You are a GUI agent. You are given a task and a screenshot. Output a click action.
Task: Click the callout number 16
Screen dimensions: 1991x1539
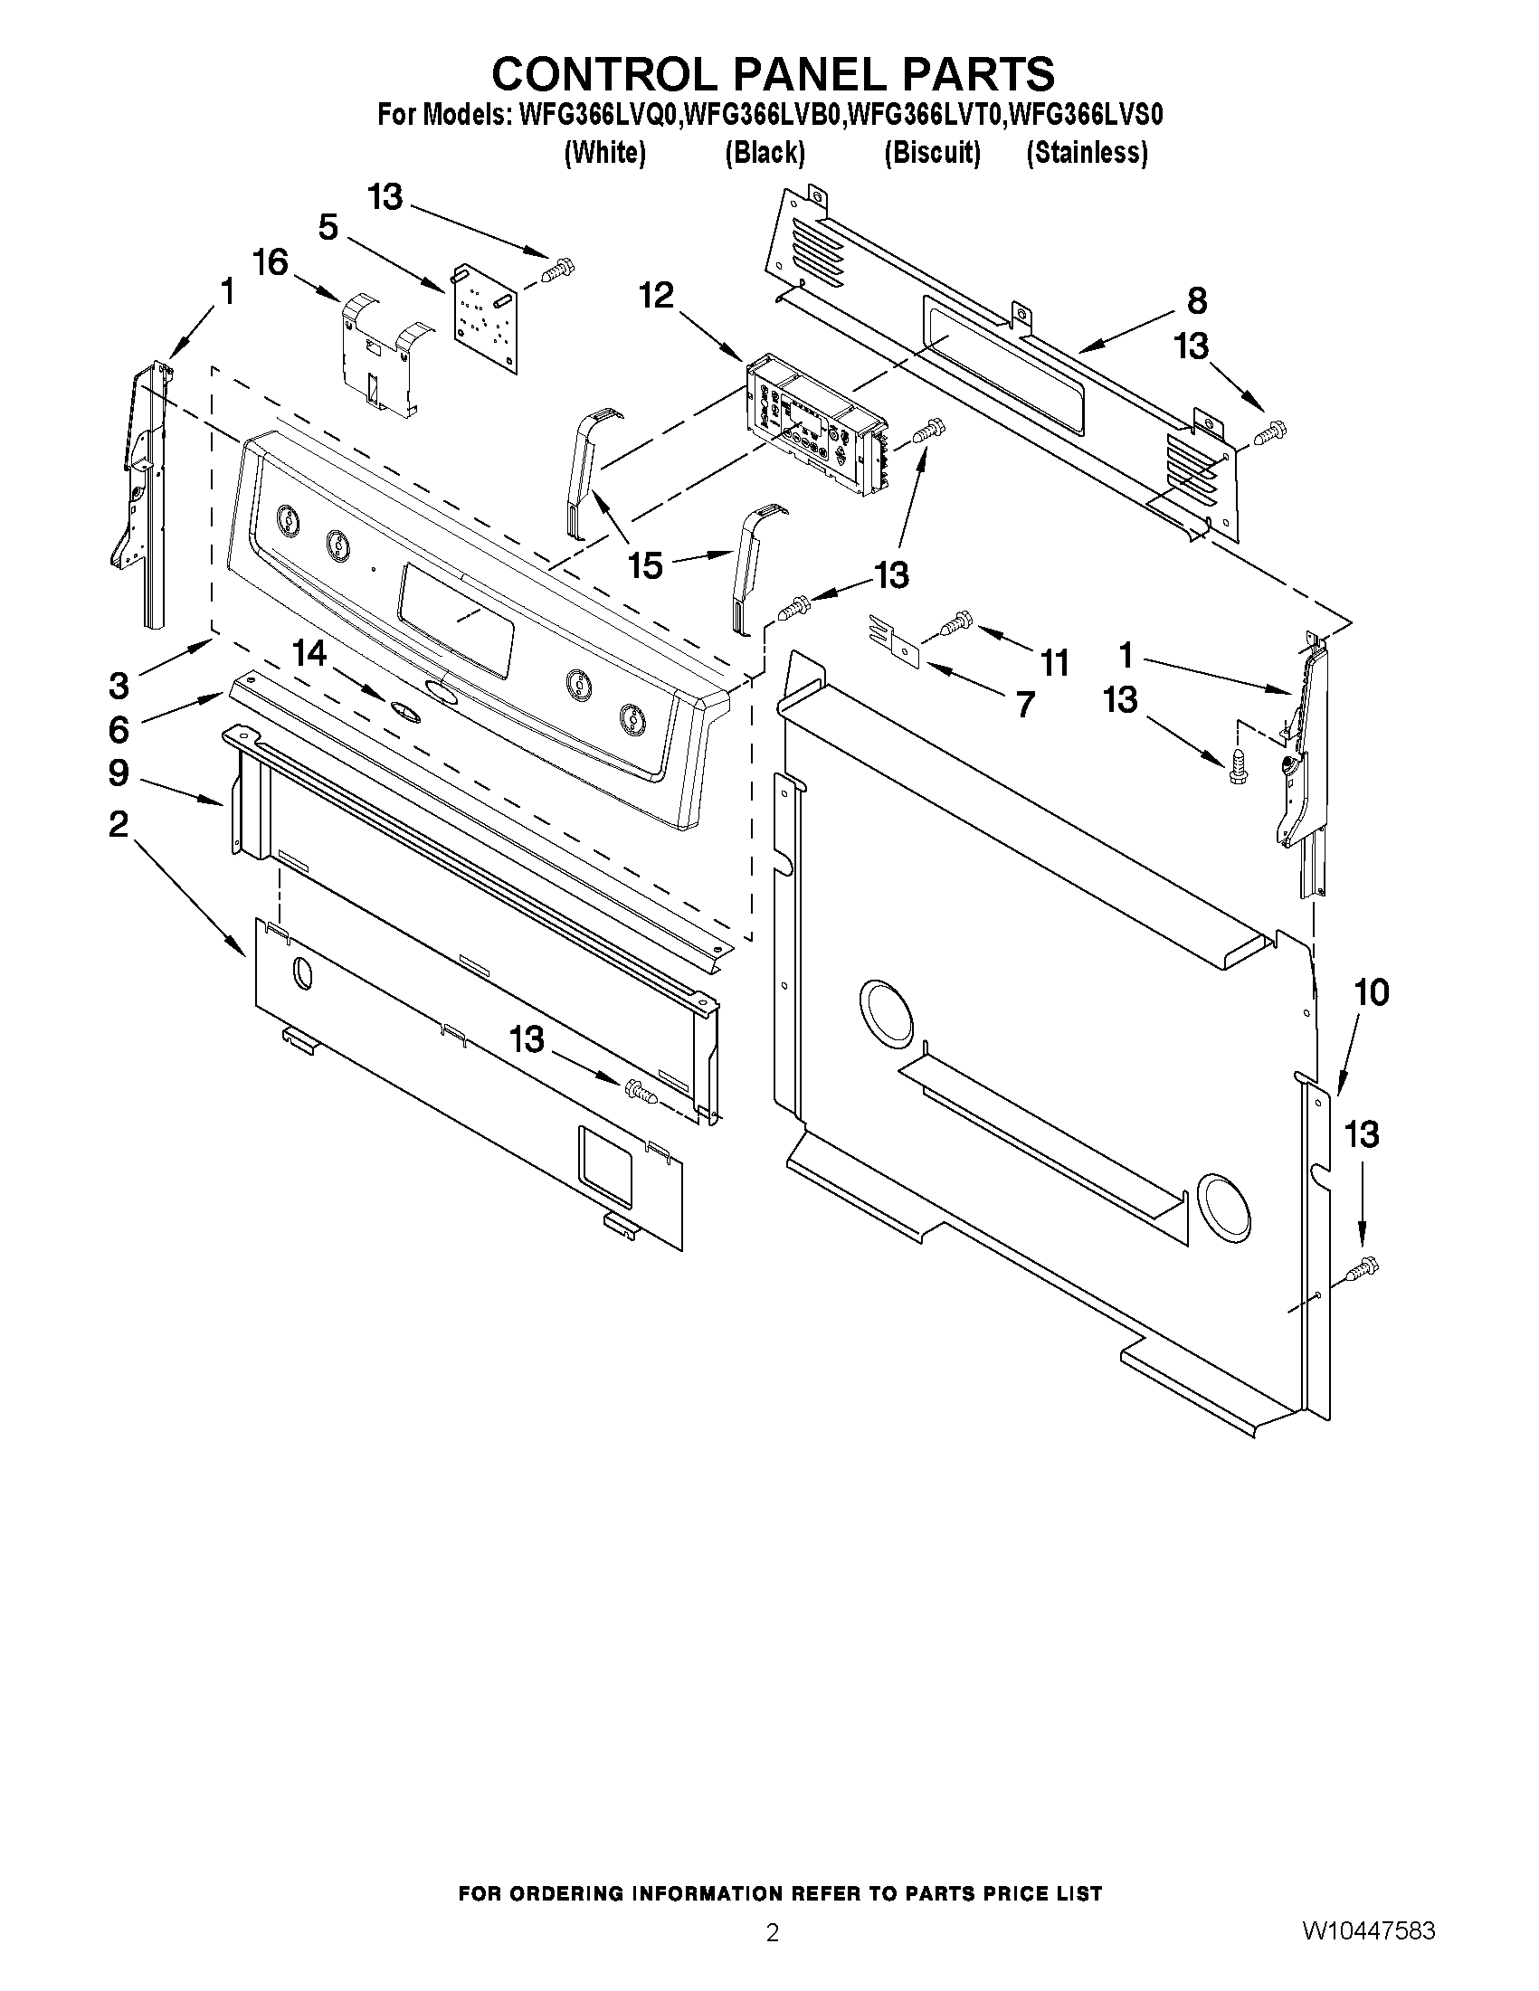270,262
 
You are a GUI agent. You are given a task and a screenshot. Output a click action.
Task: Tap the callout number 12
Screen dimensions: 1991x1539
657,296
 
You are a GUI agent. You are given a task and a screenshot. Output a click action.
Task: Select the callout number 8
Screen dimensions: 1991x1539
1197,301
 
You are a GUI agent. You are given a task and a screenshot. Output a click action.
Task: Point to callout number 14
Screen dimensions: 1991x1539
309,654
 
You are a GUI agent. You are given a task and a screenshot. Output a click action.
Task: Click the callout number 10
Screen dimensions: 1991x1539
1372,991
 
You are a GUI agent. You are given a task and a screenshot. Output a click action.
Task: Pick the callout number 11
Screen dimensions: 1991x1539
1055,663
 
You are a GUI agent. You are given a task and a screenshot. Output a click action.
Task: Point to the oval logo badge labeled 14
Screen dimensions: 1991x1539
406,711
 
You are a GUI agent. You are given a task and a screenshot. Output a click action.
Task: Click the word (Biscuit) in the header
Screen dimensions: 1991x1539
932,152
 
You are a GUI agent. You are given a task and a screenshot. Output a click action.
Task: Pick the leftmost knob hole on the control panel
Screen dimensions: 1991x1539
286,521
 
